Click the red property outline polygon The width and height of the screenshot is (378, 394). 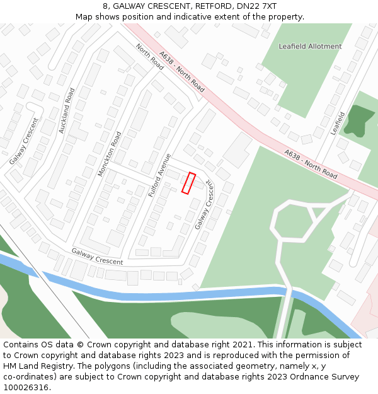[188, 183]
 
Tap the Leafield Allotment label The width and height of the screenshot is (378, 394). [310, 47]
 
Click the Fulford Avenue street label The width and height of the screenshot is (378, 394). [160, 175]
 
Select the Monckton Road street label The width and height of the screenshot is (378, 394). [110, 154]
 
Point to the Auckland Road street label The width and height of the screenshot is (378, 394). [66, 110]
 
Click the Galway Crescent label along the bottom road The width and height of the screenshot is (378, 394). [97, 257]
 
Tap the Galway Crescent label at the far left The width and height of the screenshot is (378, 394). [24, 141]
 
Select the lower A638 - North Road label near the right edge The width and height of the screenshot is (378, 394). [311, 162]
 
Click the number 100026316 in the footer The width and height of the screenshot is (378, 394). [25, 387]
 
